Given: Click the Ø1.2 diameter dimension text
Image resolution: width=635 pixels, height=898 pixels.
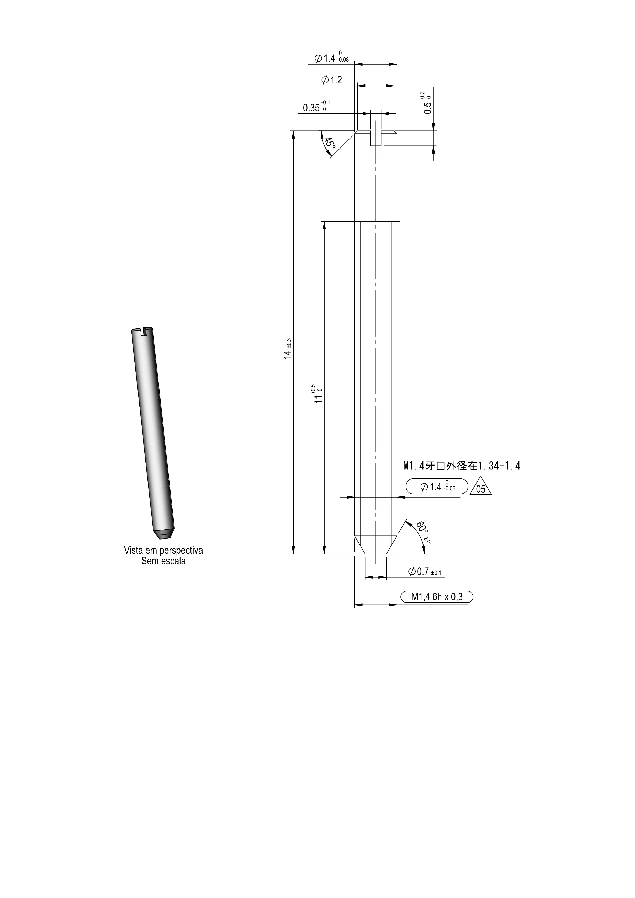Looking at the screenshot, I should click(x=332, y=80).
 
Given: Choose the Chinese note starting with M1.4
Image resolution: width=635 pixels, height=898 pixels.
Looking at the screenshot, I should click(x=461, y=466).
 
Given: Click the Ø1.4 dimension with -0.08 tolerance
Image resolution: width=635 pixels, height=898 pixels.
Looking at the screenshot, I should click(x=332, y=58).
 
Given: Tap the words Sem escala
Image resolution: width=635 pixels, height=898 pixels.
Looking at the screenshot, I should click(x=163, y=561).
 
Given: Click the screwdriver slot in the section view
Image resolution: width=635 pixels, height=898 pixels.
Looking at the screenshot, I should click(x=375, y=139).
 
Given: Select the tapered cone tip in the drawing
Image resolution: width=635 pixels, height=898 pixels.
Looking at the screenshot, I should click(x=375, y=545).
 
